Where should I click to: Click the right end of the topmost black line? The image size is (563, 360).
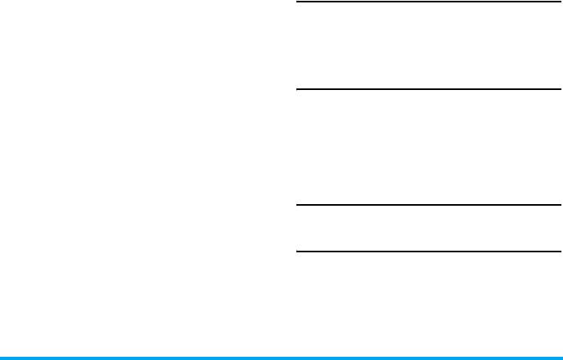(560, 2)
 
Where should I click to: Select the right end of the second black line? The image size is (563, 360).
(560, 89)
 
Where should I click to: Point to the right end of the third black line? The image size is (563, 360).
(560, 205)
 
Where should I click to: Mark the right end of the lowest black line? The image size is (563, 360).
(560, 252)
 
